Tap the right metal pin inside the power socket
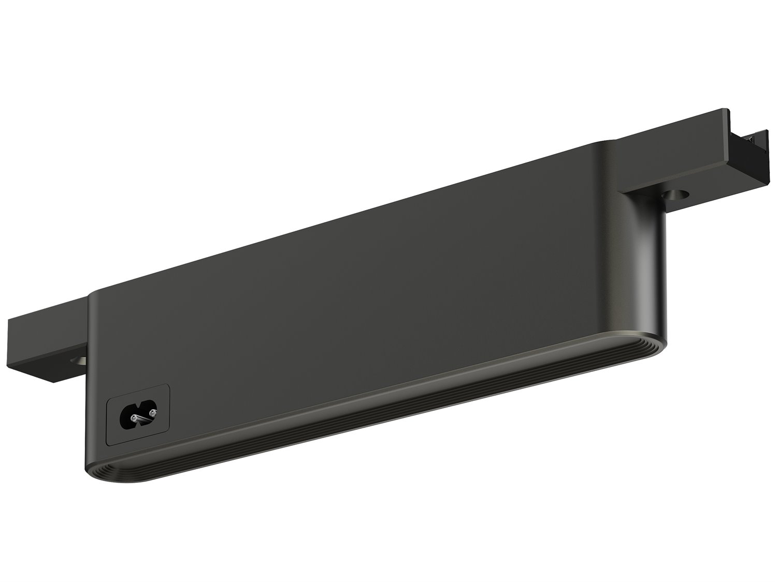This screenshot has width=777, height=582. pyautogui.click(x=152, y=412)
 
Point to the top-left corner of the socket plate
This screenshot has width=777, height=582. pyautogui.click(x=107, y=401)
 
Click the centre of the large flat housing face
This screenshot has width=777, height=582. pyautogui.click(x=363, y=310)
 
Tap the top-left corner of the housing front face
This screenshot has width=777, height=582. pyautogui.click(x=93, y=296)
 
